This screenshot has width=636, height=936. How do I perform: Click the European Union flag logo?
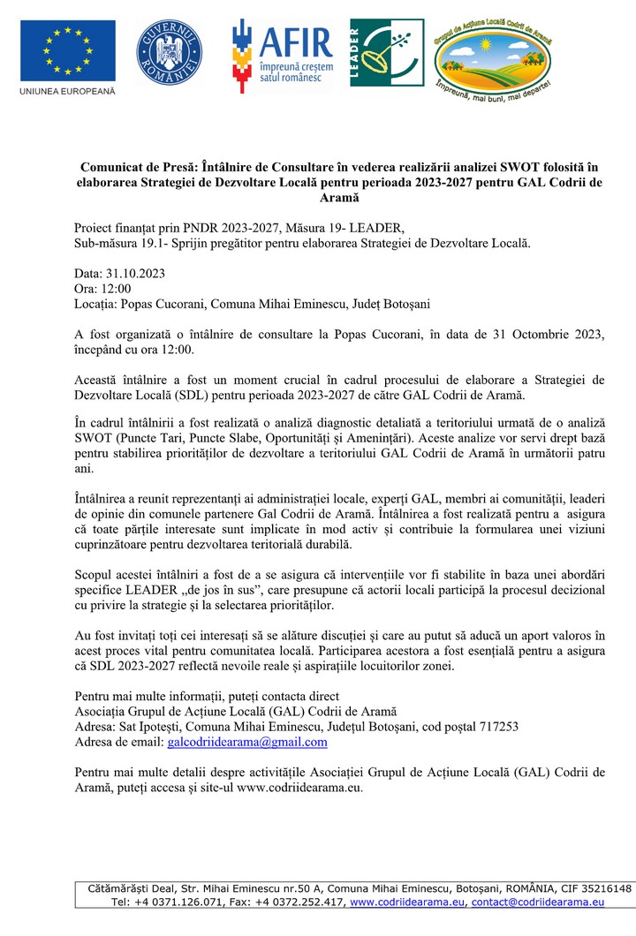tap(67, 49)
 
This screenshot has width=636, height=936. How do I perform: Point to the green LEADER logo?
tap(386, 53)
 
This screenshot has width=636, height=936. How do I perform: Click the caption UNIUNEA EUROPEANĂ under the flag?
tap(67, 92)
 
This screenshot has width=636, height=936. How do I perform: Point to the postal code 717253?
tap(496, 727)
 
